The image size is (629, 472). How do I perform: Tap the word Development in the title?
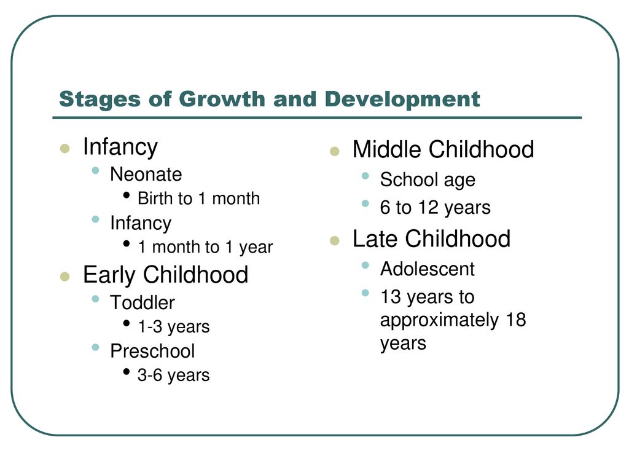402,99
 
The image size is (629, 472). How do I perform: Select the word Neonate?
146,174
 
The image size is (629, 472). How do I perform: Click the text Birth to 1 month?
199,199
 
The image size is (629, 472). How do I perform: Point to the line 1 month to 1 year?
205,247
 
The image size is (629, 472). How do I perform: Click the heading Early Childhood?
166,275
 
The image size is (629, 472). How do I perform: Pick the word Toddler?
143,302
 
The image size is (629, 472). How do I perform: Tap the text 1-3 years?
174,327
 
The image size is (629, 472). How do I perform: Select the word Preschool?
152,351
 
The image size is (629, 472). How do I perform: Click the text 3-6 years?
174,376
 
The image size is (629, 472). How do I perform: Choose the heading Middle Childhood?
443,149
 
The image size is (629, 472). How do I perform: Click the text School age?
428,180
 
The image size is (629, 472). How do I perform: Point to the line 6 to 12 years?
436,208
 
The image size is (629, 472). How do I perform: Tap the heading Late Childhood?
432,239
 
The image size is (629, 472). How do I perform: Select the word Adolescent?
428,269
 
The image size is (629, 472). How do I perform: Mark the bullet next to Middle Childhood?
335,151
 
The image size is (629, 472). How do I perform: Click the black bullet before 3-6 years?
127,372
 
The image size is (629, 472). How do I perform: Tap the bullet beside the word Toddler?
95,299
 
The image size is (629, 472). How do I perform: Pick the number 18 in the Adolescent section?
516,320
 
